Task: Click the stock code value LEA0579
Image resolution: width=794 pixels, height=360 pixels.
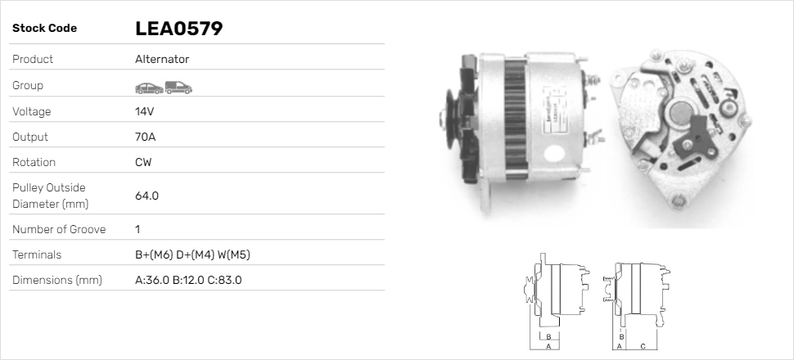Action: (x=178, y=29)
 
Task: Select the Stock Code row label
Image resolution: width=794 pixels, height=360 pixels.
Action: (x=44, y=29)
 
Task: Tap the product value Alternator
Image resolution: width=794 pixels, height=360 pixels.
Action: (x=162, y=59)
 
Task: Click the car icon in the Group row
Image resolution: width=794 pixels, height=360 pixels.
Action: (x=148, y=87)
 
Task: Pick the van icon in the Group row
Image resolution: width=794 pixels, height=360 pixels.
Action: (x=178, y=87)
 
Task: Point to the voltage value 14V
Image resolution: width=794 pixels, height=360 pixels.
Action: (x=145, y=111)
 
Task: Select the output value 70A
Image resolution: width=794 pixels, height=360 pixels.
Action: (x=145, y=137)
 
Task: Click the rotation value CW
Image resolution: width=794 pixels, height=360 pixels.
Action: (x=143, y=162)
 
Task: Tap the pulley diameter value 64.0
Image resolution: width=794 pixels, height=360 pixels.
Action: (x=147, y=196)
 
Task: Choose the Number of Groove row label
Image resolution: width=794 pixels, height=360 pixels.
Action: (x=59, y=229)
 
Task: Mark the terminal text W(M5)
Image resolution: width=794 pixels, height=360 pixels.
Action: (x=234, y=254)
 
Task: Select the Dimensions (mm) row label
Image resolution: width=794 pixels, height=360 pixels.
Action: (x=56, y=280)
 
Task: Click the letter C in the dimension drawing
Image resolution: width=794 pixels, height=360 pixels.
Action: (x=643, y=346)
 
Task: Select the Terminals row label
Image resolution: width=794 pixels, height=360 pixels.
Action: (x=37, y=254)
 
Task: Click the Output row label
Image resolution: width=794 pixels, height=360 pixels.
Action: (x=30, y=137)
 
